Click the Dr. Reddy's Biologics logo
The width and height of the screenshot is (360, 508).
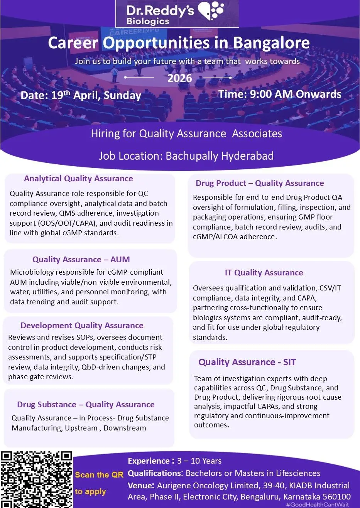pyautogui.click(x=177, y=14)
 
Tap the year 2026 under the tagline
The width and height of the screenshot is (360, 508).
pyautogui.click(x=179, y=78)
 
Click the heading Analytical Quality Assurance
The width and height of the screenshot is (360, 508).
pyautogui.click(x=78, y=179)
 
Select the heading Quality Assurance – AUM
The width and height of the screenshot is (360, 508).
pyautogui.click(x=81, y=260)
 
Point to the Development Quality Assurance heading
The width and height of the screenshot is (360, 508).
pyautogui.click(x=82, y=326)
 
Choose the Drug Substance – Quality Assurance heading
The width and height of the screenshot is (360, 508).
pyautogui.click(x=86, y=405)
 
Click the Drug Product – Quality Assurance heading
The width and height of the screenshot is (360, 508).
pyautogui.click(x=260, y=183)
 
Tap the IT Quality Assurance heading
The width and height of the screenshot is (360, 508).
pyautogui.click(x=264, y=273)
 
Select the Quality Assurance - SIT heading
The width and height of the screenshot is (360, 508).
pyautogui.click(x=247, y=362)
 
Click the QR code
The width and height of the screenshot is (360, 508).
pyautogui.click(x=37, y=479)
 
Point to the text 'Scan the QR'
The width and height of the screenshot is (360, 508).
pyautogui.click(x=99, y=475)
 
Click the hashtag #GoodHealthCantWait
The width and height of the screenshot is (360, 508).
pyautogui.click(x=317, y=505)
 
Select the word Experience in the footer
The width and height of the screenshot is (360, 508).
pyautogui.click(x=149, y=461)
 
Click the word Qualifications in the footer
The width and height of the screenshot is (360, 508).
pyautogui.click(x=154, y=473)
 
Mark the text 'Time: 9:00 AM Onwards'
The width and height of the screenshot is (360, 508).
pyautogui.click(x=280, y=95)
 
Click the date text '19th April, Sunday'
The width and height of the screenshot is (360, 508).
pyautogui.click(x=96, y=95)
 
